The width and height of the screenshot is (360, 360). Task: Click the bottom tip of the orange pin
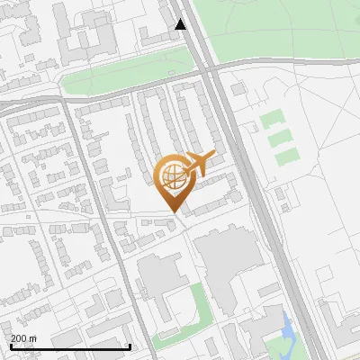pyautogui.click(x=172, y=212)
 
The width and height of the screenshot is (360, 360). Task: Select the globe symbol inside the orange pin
pyautogui.click(x=171, y=176)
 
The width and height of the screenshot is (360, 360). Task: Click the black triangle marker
pyautogui.click(x=181, y=24)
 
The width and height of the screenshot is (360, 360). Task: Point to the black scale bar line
pyautogui.click(x=70, y=346)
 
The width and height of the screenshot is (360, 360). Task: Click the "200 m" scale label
pyautogui.click(x=23, y=337)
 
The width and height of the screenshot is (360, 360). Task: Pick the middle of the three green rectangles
pyautogui.click(x=281, y=138)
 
